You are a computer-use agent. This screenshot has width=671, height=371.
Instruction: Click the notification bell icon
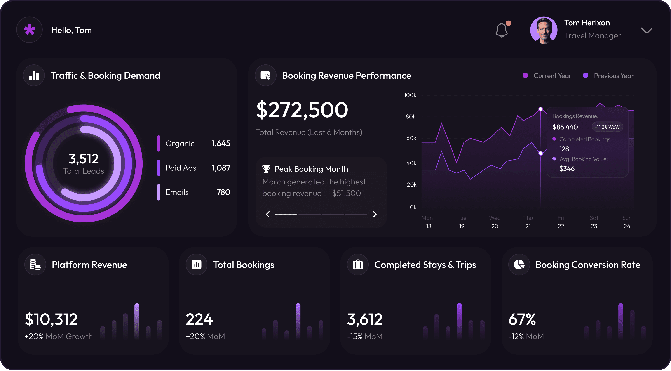[501, 30]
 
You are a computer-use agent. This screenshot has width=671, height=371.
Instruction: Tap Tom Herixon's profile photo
[544, 30]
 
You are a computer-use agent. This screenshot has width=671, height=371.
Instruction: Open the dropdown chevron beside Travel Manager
[647, 31]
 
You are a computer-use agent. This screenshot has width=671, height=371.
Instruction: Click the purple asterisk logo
[29, 30]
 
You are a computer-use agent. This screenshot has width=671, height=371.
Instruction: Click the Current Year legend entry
[547, 76]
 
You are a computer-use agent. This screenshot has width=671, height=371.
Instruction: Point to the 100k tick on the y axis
[410, 95]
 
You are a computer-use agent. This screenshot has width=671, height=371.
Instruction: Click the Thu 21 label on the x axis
[528, 222]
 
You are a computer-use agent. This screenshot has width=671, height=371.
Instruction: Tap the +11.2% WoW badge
[607, 127]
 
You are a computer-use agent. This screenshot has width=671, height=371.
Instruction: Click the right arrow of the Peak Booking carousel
[375, 214]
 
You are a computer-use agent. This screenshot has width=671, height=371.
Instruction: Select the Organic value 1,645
[221, 143]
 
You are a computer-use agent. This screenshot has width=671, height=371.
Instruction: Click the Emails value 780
[223, 192]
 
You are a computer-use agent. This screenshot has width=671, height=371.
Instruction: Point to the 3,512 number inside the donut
[84, 159]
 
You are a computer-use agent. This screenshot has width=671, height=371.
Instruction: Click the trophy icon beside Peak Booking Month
[266, 169]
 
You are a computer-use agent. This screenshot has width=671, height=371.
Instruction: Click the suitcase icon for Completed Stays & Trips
[358, 265]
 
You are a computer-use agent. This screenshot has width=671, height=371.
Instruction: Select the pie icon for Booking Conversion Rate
[519, 265]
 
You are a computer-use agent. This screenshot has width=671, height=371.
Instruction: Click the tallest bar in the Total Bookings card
[298, 321]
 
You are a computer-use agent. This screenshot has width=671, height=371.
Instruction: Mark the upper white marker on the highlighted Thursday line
[541, 109]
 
